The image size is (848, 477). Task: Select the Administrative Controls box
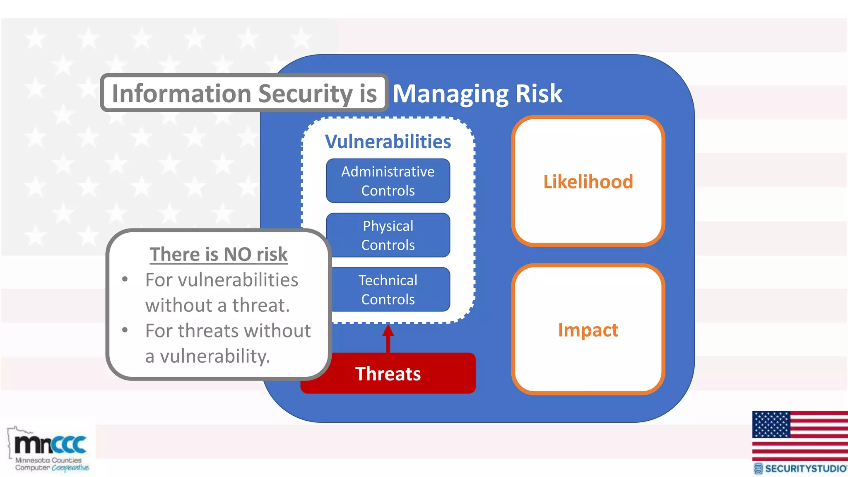(x=388, y=181)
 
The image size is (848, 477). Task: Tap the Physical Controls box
(x=388, y=235)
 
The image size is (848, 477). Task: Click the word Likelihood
(x=588, y=182)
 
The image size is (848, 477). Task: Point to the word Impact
(x=588, y=330)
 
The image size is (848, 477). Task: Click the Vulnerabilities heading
(x=388, y=142)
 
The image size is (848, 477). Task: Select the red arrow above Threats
(x=388, y=337)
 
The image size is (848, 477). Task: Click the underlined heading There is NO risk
(x=219, y=254)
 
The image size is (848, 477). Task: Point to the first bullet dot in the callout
(x=125, y=279)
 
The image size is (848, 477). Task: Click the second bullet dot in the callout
(x=125, y=330)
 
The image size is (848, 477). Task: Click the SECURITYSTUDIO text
(x=805, y=469)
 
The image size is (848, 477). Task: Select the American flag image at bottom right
(x=800, y=436)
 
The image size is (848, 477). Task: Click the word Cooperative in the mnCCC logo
(x=70, y=468)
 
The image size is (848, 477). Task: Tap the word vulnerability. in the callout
(x=215, y=356)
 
